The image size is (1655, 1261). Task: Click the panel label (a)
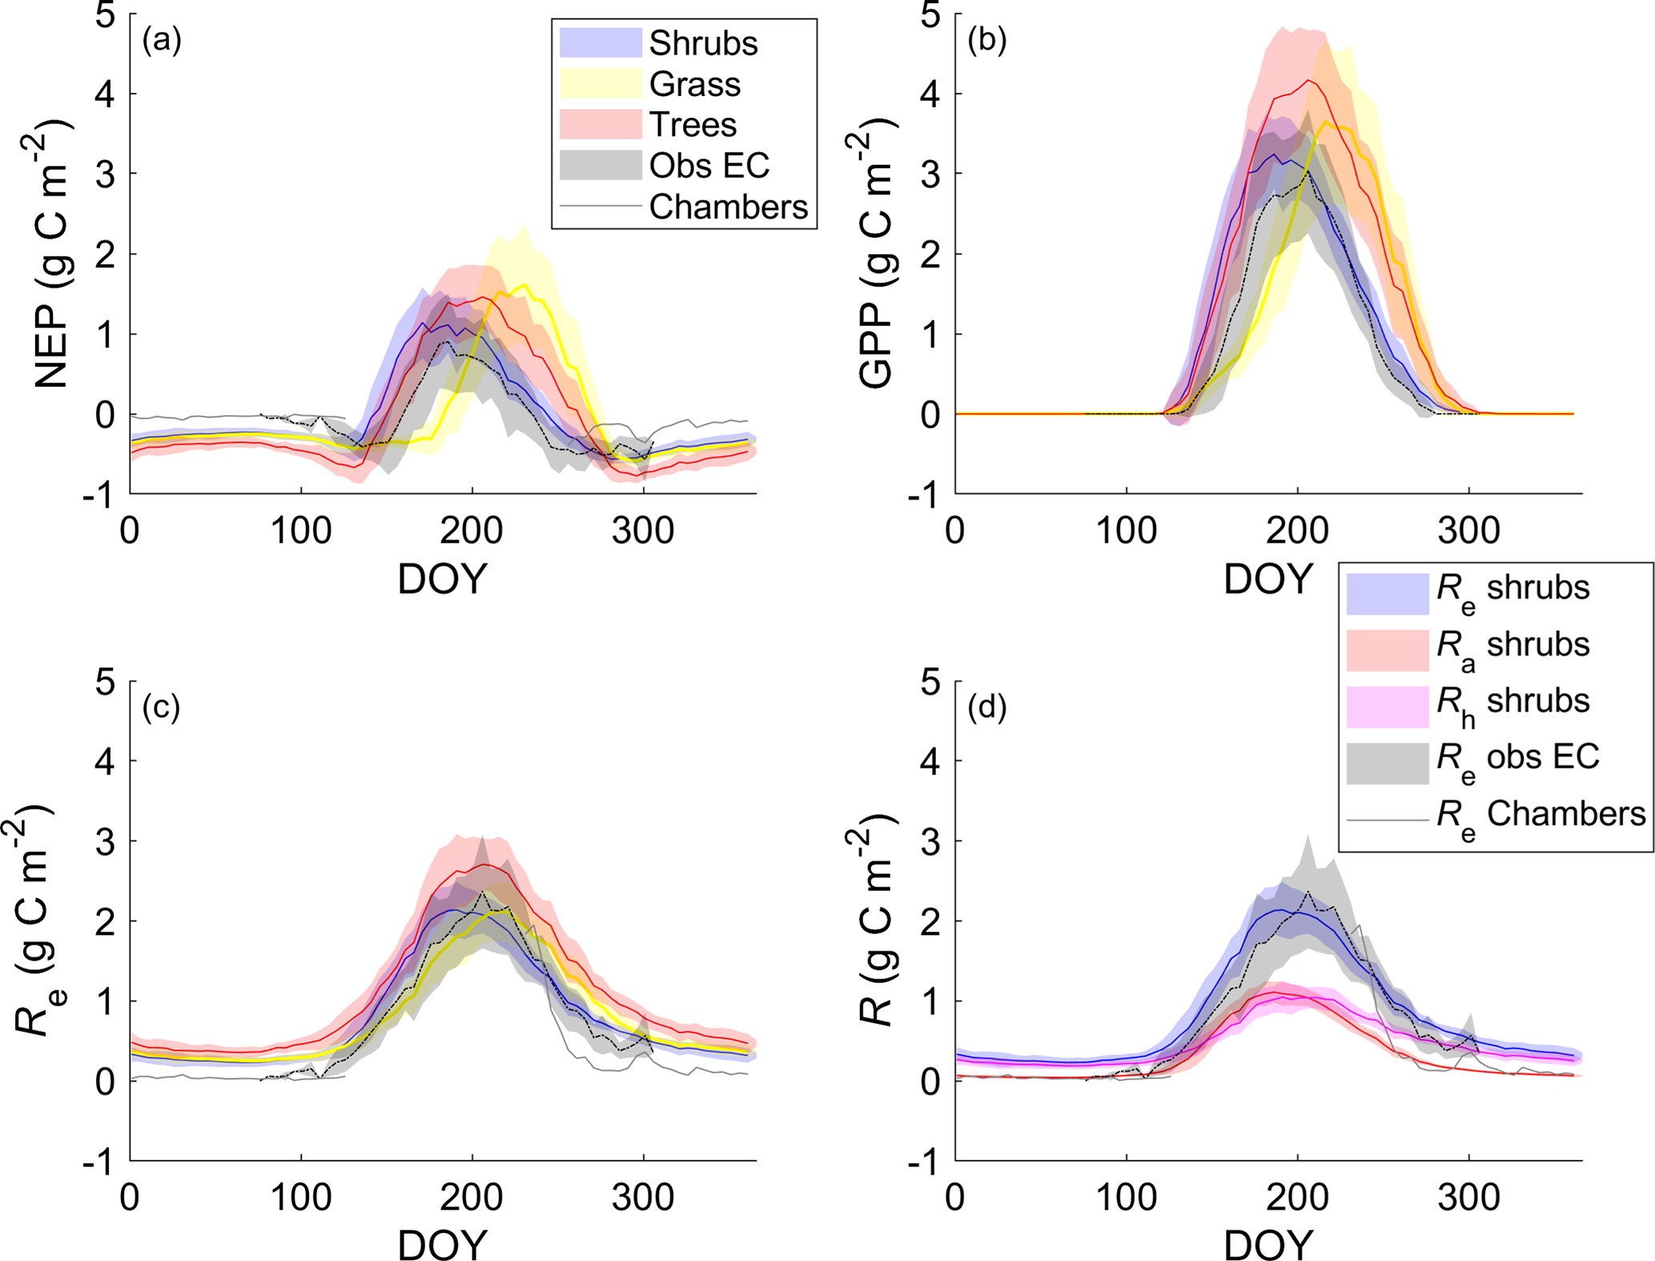[x=162, y=39]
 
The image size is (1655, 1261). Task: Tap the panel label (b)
[x=986, y=39]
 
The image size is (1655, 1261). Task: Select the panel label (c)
[x=161, y=707]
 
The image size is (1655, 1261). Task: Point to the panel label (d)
[x=986, y=707]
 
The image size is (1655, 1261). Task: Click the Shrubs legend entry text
[x=703, y=43]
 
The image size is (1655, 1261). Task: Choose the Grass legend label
[x=695, y=84]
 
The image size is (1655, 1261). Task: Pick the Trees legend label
[x=693, y=125]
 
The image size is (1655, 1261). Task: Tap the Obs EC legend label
[x=709, y=166]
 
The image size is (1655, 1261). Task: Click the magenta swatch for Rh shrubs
[x=1388, y=707]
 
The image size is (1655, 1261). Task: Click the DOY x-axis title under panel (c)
[x=442, y=1244]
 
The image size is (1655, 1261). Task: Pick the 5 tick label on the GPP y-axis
[x=930, y=14]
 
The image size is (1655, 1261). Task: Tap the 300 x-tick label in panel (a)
[x=643, y=530]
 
